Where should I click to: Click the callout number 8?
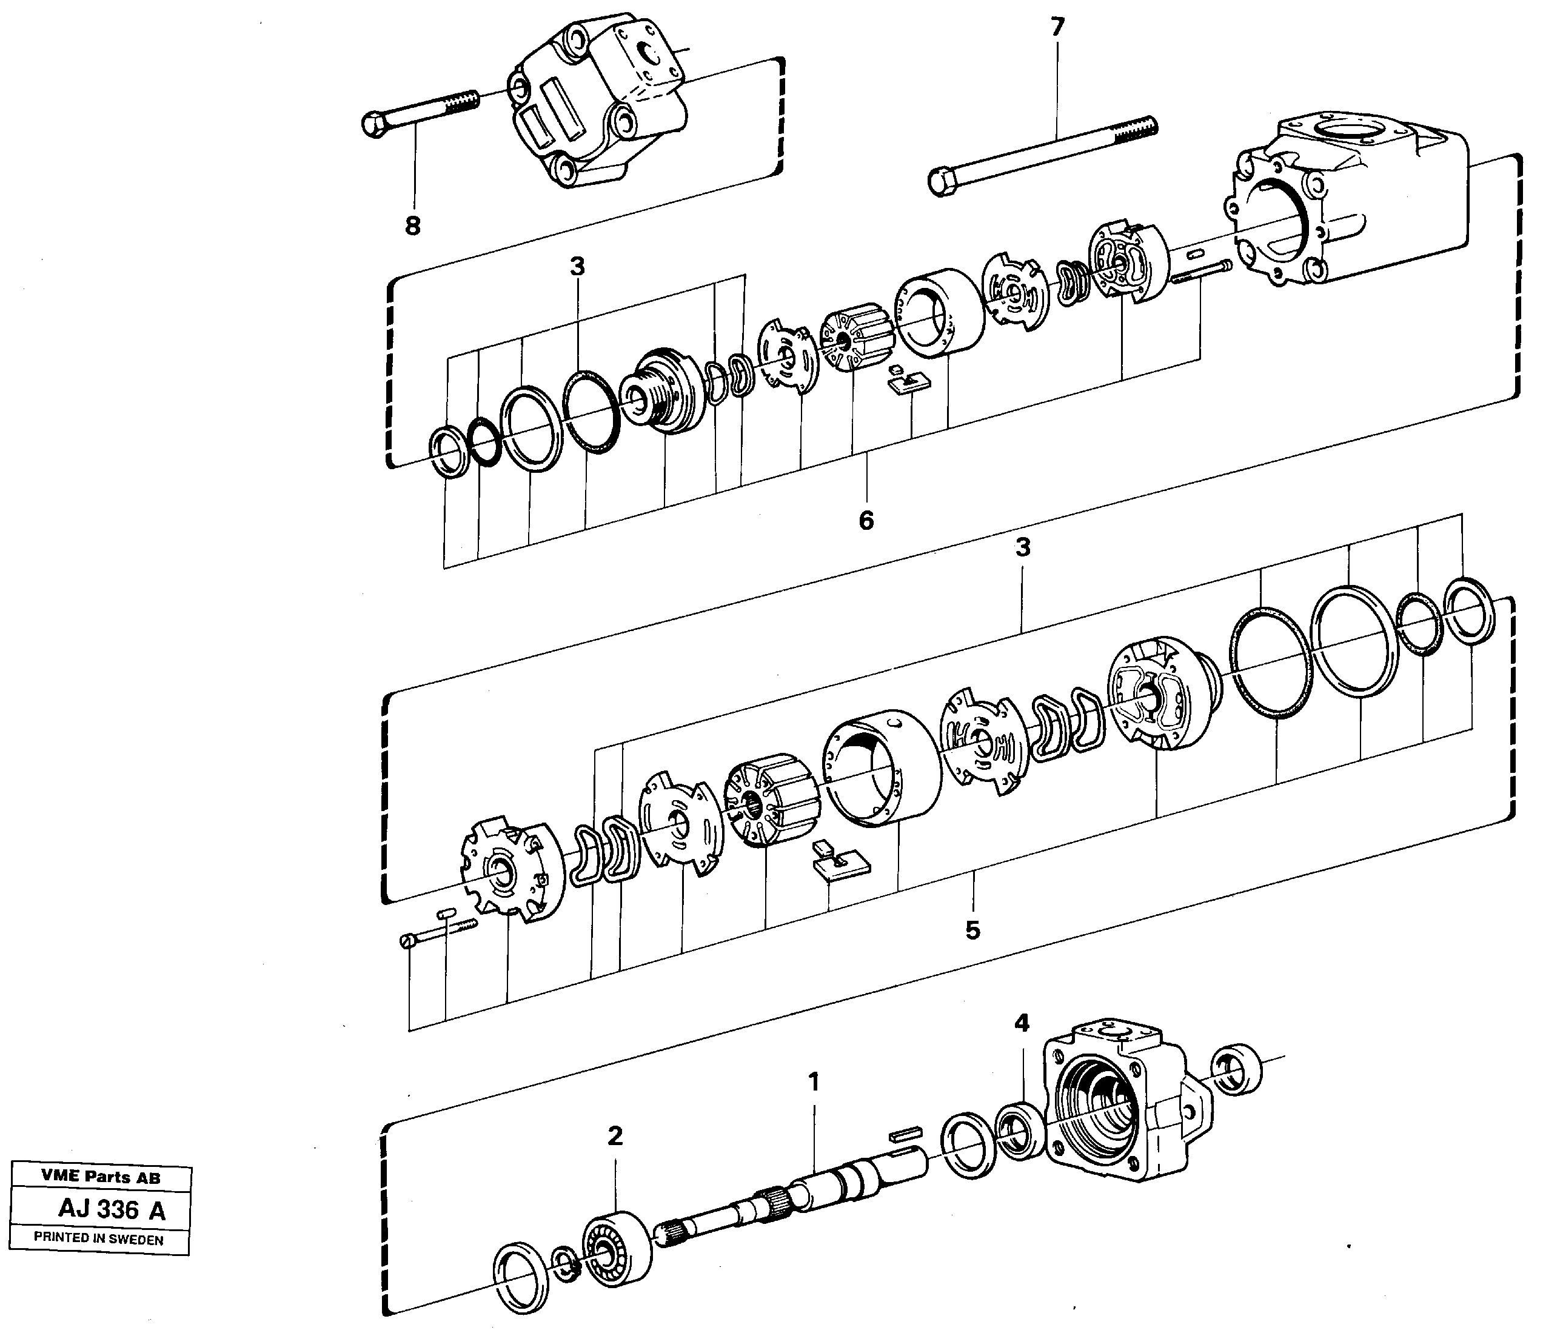(412, 225)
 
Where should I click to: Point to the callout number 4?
(1022, 1024)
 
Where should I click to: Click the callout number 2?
(615, 1137)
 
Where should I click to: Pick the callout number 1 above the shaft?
(814, 1082)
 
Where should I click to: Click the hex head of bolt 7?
(943, 182)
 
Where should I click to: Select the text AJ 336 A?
(112, 1210)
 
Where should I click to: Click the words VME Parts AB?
(101, 1177)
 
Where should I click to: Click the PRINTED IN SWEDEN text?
(98, 1240)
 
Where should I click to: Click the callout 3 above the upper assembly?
(577, 267)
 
